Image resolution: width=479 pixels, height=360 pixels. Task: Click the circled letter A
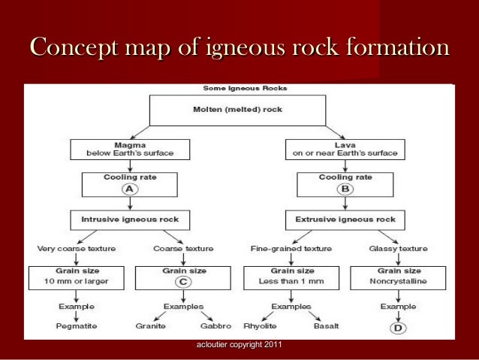point(130,189)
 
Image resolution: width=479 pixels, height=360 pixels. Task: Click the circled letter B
point(345,189)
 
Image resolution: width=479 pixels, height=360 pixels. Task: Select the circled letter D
point(398,328)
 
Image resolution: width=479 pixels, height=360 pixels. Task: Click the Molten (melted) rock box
point(237,110)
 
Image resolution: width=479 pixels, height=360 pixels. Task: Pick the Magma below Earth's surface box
point(130,149)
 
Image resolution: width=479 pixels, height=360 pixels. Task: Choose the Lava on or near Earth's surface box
point(345,149)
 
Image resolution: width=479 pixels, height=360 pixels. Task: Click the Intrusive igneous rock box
point(130,219)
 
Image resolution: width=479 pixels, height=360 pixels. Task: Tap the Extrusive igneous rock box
point(345,219)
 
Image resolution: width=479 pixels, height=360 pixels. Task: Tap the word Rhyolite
point(259,326)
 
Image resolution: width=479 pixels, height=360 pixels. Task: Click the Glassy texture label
point(398,248)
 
